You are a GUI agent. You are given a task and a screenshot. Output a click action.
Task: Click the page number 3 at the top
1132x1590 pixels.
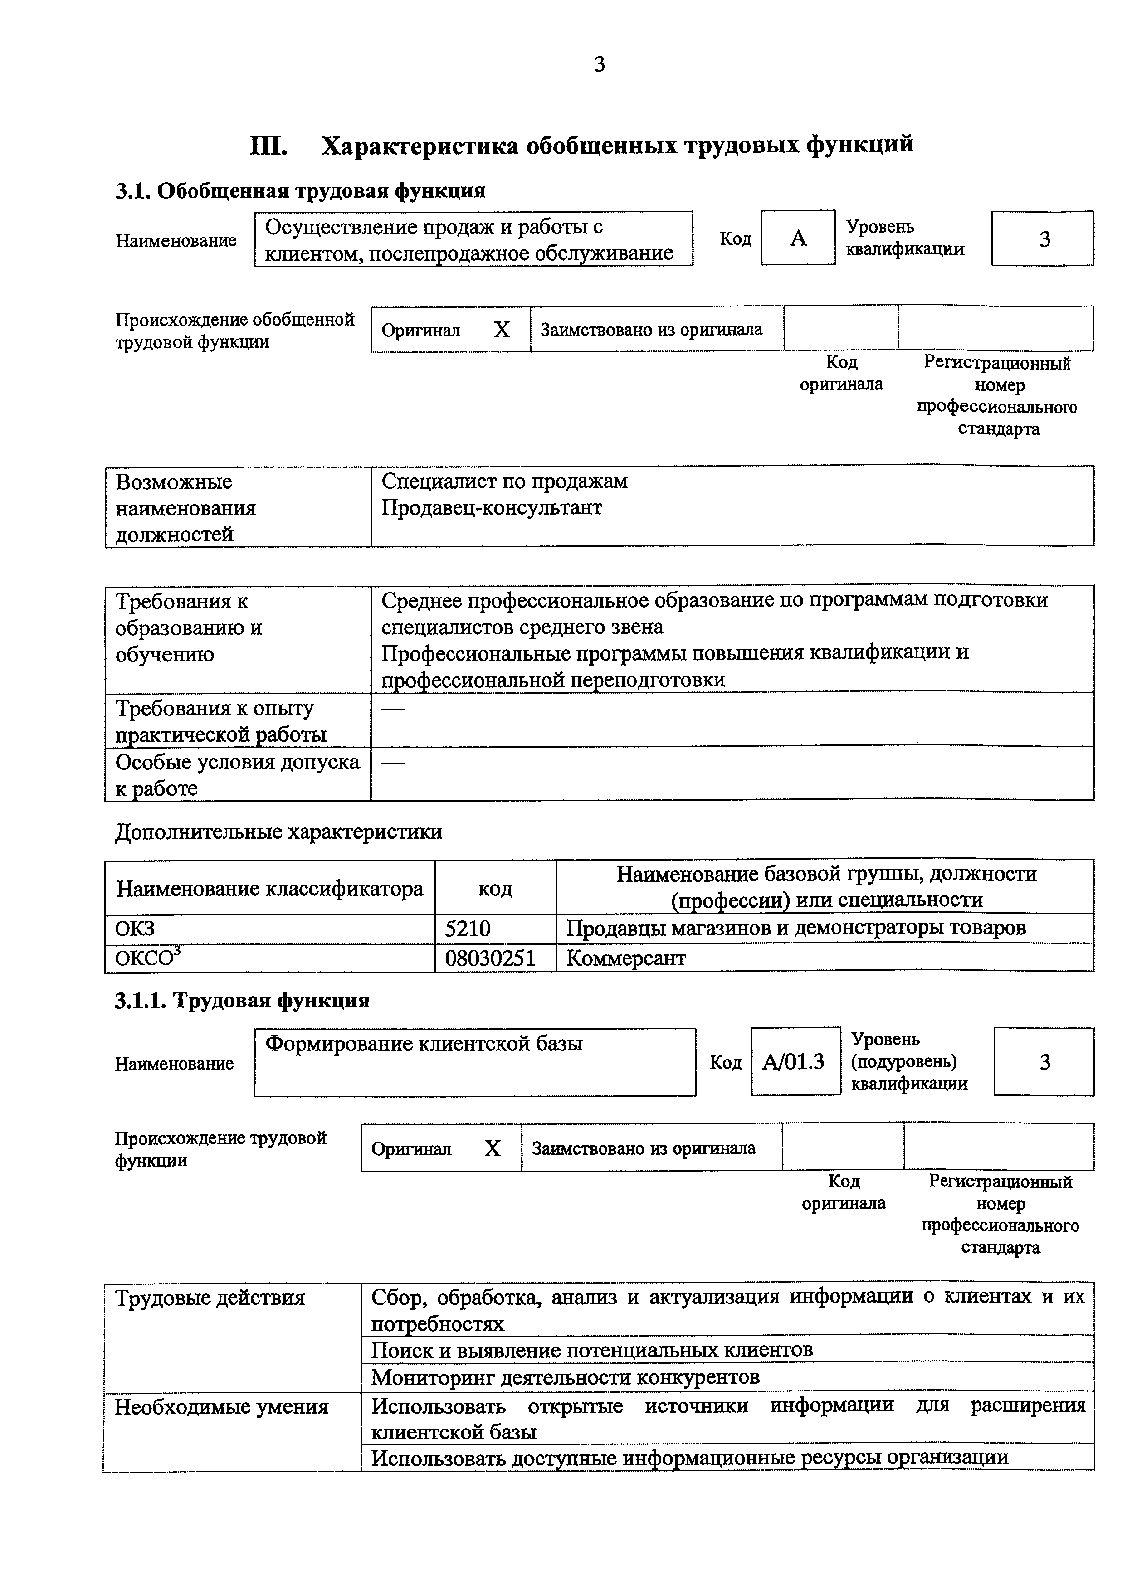[600, 65]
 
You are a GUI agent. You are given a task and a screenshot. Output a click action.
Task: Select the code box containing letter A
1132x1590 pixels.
[798, 238]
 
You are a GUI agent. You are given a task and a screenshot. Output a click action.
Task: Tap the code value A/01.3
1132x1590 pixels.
[794, 1061]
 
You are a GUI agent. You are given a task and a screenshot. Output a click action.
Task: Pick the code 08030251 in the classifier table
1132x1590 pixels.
[490, 959]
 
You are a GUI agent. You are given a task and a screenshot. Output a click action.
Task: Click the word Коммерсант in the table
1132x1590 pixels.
[626, 959]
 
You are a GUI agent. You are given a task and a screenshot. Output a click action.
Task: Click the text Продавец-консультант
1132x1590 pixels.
[492, 508]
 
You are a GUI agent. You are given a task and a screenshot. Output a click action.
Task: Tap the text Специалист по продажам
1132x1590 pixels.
[504, 481]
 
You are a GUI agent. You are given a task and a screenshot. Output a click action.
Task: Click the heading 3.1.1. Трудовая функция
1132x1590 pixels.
[242, 1001]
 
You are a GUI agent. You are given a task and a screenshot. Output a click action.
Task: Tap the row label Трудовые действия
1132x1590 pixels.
[210, 1298]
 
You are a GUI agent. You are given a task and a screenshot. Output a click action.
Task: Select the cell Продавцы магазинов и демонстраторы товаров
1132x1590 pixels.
[795, 929]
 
